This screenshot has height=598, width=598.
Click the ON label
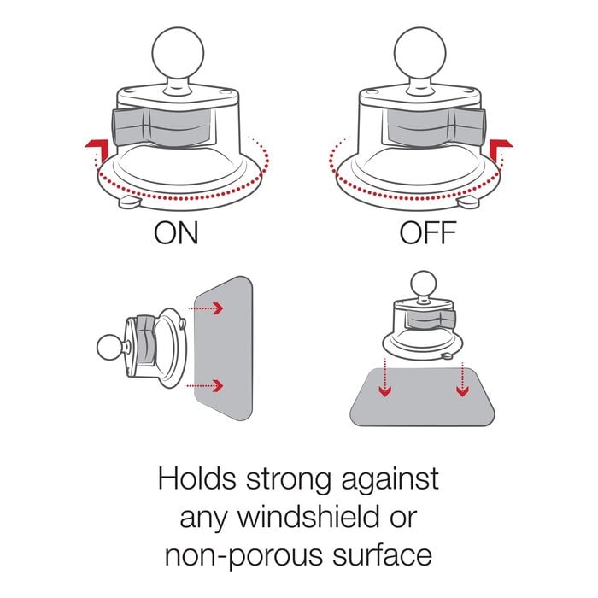[176, 232]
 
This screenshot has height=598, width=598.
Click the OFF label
[428, 232]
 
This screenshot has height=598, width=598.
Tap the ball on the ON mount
[178, 52]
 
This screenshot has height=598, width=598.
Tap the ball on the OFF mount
[420, 52]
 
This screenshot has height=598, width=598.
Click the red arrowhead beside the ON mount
[97, 147]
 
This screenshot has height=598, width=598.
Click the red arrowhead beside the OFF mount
[501, 147]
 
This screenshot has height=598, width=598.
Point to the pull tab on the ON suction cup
[130, 202]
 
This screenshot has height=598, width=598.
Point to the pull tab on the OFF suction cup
[468, 202]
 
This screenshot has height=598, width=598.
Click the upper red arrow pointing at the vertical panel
[207, 308]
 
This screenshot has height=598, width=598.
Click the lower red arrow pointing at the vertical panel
[204, 385]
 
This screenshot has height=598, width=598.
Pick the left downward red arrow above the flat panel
[385, 378]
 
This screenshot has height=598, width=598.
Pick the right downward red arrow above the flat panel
[463, 379]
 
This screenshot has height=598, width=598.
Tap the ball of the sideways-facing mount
[109, 347]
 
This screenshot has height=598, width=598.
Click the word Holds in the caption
[196, 478]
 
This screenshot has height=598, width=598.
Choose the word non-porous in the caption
[243, 555]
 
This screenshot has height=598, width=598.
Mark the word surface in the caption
[382, 554]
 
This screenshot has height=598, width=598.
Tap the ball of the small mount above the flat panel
[424, 284]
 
